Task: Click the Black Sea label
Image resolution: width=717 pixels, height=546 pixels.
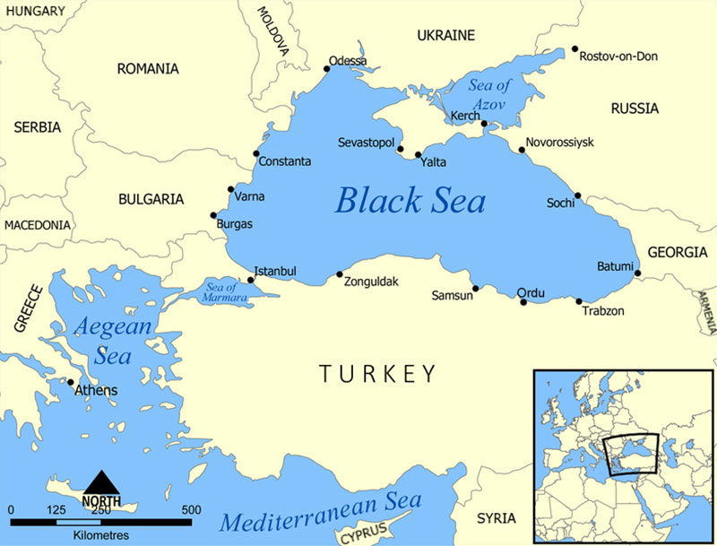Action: [x=410, y=200]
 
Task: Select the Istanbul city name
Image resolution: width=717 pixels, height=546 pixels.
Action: [x=275, y=271]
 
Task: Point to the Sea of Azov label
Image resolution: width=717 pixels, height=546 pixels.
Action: [x=489, y=95]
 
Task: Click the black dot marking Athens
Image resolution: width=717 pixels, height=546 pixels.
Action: [x=71, y=382]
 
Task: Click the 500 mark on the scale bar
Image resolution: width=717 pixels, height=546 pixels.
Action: [x=191, y=510]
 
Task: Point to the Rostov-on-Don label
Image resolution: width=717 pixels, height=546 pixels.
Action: [x=618, y=56]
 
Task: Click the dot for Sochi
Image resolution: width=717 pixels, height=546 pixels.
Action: [x=578, y=195]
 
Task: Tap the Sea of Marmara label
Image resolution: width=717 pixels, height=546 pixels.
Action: [x=218, y=290]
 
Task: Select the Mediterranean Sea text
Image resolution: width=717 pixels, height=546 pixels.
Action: [x=320, y=521]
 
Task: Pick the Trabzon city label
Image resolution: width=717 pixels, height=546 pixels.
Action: [x=602, y=311]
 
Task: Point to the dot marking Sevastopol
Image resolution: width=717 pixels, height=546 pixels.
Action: [x=400, y=149]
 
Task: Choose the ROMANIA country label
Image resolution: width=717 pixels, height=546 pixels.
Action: [x=147, y=69]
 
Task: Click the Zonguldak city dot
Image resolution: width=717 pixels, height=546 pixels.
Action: [x=339, y=274]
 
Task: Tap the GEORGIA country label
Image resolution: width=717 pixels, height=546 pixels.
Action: [x=677, y=253]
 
